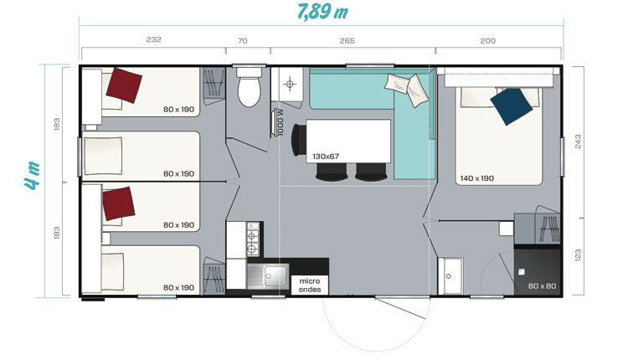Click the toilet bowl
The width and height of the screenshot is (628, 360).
250,92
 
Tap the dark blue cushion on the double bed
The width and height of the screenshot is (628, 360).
512,106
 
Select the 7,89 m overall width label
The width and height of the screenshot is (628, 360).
323,12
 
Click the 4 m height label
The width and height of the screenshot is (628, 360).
33,175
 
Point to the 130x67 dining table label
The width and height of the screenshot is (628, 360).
326,157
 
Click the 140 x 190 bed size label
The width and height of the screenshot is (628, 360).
476,178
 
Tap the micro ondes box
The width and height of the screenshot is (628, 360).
310,285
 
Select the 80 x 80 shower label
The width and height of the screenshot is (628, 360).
542,286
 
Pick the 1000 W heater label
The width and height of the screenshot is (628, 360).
281,122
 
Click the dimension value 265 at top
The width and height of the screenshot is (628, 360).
347,41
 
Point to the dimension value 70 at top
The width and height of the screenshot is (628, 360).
243,41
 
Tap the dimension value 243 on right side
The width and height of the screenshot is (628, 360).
578,141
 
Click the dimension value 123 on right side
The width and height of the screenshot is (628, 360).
578,255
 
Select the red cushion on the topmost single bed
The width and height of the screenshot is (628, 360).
124,85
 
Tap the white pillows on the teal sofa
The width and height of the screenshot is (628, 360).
407,90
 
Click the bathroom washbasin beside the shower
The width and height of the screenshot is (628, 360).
450,276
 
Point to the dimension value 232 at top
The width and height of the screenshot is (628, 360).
154,39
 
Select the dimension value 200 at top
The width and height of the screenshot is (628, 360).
488,41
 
